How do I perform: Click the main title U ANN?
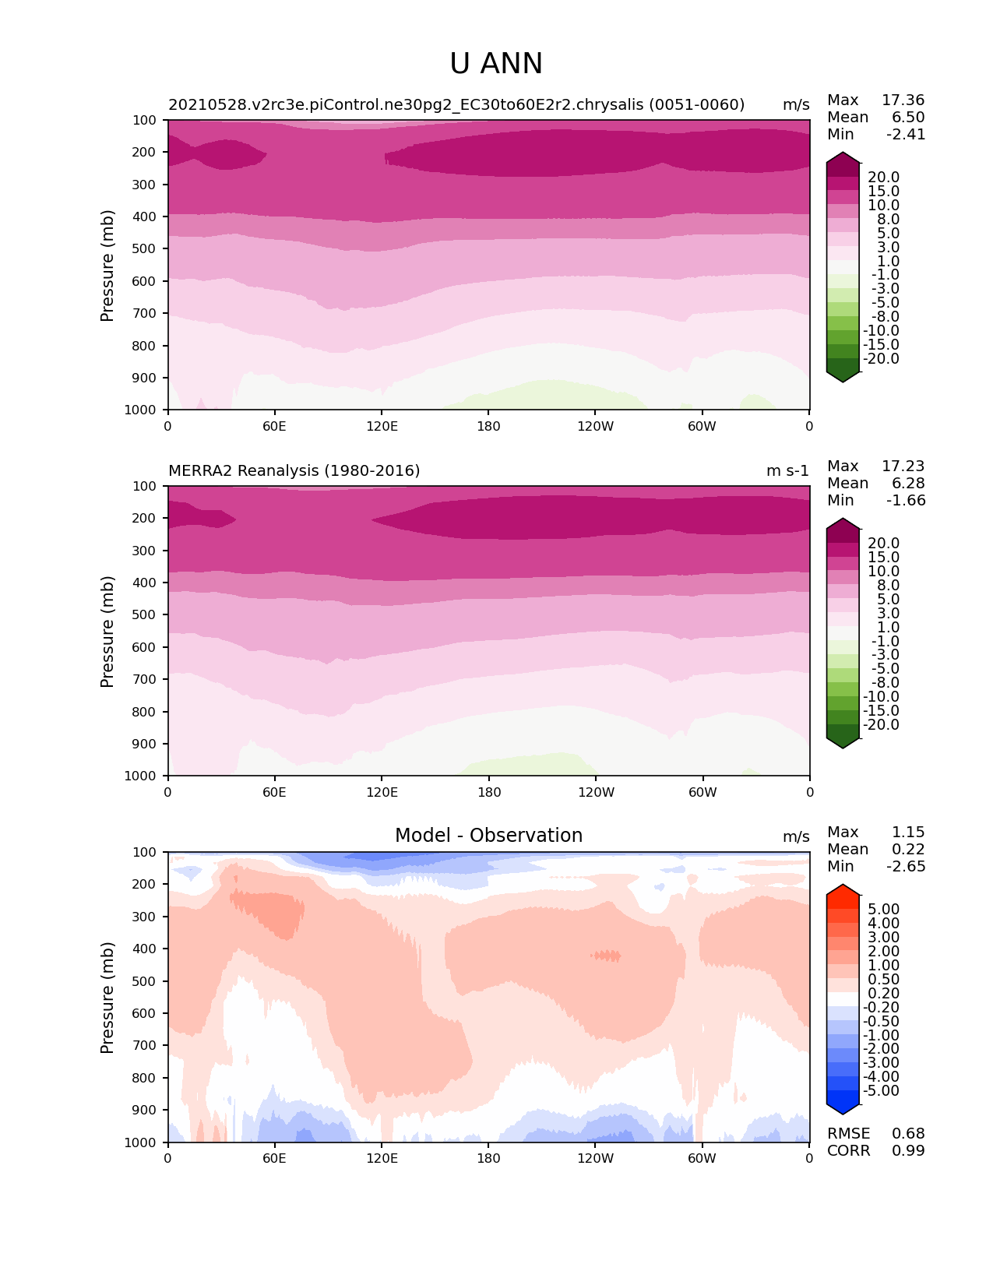click(496, 64)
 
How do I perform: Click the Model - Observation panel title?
click(488, 836)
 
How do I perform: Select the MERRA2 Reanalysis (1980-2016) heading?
click(294, 470)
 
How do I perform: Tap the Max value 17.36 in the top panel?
click(903, 100)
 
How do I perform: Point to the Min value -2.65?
click(906, 867)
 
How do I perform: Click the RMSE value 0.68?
click(908, 1134)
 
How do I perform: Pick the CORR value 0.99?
click(908, 1151)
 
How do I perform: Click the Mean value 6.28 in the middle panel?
click(908, 484)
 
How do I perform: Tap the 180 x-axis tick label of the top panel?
click(488, 427)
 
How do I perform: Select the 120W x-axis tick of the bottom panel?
click(595, 1159)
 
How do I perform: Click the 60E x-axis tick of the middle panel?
click(274, 793)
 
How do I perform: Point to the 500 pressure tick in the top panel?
click(146, 248)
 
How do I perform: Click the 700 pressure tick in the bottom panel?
click(146, 1046)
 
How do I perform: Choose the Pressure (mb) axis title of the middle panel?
click(107, 632)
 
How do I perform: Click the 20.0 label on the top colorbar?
click(883, 178)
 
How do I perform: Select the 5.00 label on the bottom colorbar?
click(883, 910)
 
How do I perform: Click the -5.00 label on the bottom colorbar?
click(881, 1091)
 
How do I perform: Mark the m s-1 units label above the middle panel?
click(787, 470)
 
